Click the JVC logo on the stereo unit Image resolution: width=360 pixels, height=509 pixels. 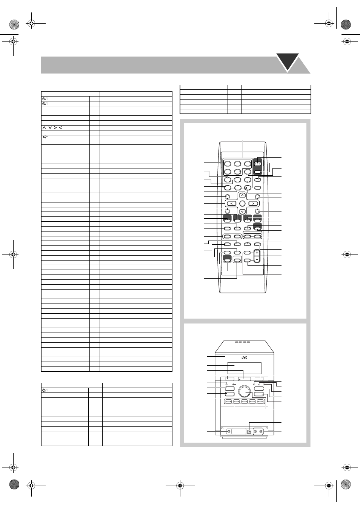tap(244, 357)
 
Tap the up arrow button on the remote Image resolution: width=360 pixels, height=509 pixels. tap(243, 195)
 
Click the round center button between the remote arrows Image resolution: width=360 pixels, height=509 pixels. tap(242, 203)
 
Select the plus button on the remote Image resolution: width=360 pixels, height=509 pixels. tap(257, 253)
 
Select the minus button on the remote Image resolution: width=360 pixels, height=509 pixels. tap(257, 259)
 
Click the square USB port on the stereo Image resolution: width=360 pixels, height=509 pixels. tap(249, 431)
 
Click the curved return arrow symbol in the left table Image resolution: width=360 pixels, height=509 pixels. tap(45, 137)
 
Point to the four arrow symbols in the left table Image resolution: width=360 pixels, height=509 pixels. tap(52, 128)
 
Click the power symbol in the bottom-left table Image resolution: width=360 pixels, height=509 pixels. tap(45, 390)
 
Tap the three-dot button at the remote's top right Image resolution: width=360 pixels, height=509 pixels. tap(257, 164)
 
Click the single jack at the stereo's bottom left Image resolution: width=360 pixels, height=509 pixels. tap(229, 431)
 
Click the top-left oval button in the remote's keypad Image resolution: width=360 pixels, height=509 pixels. tap(228, 164)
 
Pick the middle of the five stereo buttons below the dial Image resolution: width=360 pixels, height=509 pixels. tap(244, 402)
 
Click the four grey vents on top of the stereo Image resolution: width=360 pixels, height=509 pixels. tap(242, 348)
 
